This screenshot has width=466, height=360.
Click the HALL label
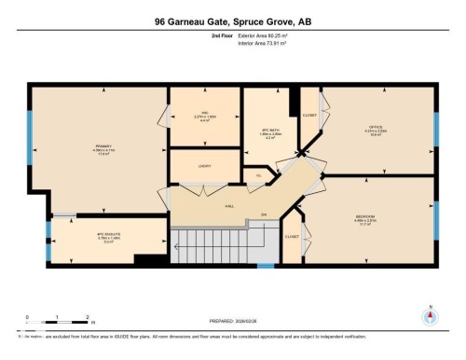coord(229,208)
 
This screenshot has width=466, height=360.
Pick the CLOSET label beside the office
coord(309,115)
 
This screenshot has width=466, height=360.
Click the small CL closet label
coord(258,174)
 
